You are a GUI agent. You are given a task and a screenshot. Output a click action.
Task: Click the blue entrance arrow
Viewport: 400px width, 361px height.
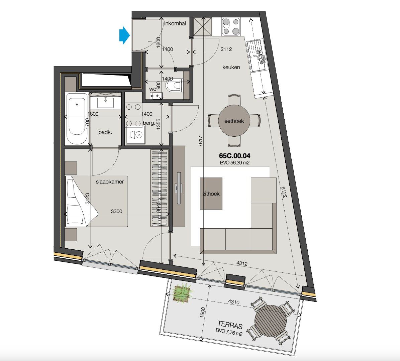(124, 35)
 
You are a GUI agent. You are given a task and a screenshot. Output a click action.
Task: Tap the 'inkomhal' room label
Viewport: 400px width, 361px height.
(175, 23)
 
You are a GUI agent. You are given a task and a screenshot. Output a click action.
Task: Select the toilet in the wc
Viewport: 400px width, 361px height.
(174, 85)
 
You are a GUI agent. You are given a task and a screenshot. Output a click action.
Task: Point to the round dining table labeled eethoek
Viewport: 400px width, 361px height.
(234, 121)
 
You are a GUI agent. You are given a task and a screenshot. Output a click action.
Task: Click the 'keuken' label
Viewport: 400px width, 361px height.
(231, 67)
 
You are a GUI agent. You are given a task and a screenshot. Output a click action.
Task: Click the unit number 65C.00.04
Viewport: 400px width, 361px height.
(234, 156)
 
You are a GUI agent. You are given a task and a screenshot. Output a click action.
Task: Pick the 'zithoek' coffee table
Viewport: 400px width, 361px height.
(211, 193)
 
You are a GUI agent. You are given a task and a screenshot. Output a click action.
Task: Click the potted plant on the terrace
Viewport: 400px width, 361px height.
(183, 293)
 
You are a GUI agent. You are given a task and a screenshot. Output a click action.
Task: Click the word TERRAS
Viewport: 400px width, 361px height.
(230, 324)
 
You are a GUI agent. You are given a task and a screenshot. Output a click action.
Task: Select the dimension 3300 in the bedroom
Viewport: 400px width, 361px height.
(116, 211)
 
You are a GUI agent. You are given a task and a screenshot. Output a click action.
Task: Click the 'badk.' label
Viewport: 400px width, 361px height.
(105, 132)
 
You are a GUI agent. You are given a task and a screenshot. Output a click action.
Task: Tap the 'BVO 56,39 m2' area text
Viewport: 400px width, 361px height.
(234, 163)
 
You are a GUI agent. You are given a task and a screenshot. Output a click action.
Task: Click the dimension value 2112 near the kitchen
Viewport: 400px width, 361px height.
(226, 49)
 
